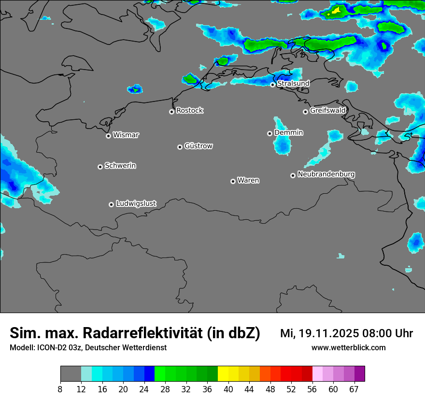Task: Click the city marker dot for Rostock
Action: [171, 112]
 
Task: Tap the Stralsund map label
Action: [293, 84]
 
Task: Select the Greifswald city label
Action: [327, 111]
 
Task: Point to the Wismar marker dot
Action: [108, 136]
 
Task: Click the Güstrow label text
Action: [198, 146]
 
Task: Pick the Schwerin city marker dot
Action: [100, 167]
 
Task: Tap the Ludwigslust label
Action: [136, 203]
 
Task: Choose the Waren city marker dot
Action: [233, 181]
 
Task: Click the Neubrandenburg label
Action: [326, 174]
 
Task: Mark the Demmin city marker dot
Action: [269, 133]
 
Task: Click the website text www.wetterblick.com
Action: [348, 347]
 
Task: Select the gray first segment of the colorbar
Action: [71, 374]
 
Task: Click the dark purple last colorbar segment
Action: [360, 374]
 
